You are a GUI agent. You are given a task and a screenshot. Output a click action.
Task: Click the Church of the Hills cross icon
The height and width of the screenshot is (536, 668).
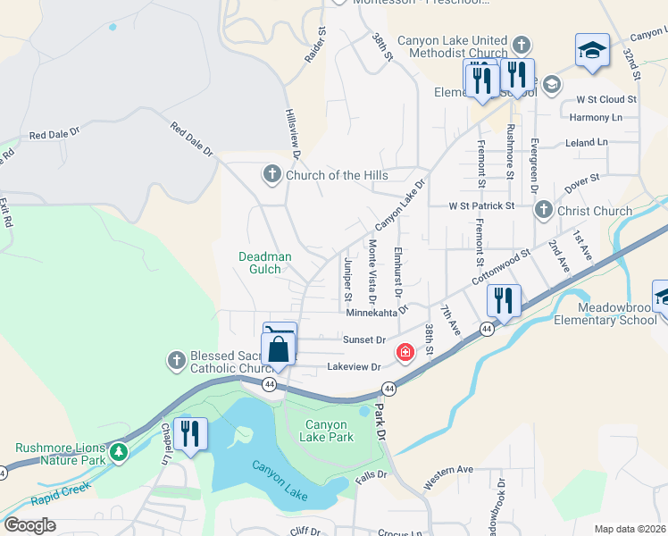tap(272, 174)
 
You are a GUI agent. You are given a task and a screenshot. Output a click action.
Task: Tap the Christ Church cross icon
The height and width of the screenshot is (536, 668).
tap(543, 211)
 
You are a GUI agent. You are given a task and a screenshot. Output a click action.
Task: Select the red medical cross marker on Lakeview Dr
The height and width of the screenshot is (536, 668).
tap(405, 353)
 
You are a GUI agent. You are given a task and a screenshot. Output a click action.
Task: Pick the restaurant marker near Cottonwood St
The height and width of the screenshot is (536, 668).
tap(505, 301)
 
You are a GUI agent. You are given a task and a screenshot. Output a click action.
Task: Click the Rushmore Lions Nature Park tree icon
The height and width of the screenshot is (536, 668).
tap(119, 454)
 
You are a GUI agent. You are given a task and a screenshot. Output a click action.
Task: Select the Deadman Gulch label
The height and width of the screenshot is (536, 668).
tap(264, 263)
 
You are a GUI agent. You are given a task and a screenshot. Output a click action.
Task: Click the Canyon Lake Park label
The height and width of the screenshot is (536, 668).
tap(329, 431)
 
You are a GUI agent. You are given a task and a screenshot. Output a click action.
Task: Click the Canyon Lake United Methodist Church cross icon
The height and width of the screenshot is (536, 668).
tap(522, 44)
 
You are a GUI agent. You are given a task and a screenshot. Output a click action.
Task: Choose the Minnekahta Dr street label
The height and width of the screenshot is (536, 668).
tap(376, 312)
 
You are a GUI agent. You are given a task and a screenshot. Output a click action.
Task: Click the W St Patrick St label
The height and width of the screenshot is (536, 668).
tap(481, 205)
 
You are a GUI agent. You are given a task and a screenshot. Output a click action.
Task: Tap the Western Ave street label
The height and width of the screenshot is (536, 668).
tap(447, 476)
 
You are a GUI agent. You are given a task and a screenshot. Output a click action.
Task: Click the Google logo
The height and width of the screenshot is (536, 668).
tap(29, 525)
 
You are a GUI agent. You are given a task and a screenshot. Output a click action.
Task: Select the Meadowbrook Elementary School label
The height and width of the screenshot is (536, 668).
tap(605, 313)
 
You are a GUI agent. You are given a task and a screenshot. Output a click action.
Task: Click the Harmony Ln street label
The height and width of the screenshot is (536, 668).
tap(596, 118)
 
